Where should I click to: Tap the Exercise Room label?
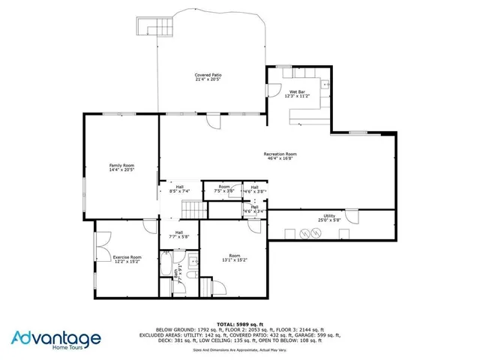pos(127,257)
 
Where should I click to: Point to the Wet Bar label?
pos(297,92)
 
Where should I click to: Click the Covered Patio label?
pos(208,75)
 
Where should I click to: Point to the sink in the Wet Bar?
pos(325,85)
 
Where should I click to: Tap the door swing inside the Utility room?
pos(351,219)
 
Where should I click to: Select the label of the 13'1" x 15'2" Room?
pos(234,257)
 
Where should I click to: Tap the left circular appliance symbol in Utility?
pos(304,233)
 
